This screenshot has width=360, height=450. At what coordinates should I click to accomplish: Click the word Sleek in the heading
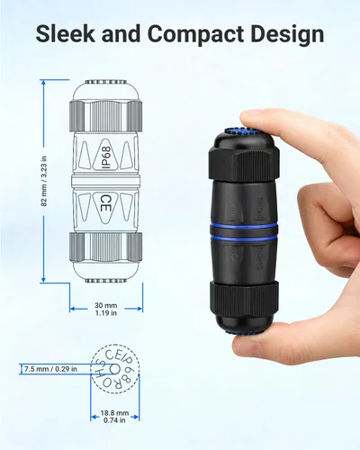(x=66, y=33)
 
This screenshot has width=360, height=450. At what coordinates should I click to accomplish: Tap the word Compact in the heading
(x=196, y=34)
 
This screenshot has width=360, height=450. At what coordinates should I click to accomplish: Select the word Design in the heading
(x=287, y=34)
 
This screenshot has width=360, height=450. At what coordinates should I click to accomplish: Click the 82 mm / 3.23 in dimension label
(x=44, y=181)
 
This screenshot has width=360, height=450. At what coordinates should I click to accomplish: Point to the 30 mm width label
(x=106, y=305)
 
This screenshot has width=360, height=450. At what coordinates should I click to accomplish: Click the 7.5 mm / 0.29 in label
(x=50, y=369)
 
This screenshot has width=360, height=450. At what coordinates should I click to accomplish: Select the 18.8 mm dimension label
(x=114, y=413)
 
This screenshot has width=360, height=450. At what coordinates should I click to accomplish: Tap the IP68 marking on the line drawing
(x=104, y=157)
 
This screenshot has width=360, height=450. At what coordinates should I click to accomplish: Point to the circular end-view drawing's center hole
(x=114, y=369)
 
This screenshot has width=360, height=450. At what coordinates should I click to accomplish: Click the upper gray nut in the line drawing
(x=105, y=115)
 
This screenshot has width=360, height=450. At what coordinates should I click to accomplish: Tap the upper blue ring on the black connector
(x=244, y=226)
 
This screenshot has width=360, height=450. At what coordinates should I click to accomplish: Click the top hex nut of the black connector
(x=245, y=163)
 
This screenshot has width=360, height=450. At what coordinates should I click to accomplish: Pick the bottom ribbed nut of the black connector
(x=244, y=298)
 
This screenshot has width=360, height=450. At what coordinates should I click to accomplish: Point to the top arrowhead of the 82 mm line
(x=44, y=82)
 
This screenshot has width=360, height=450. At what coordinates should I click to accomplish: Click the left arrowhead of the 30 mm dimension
(x=72, y=309)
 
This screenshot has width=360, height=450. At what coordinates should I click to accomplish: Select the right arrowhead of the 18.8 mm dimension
(x=137, y=417)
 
